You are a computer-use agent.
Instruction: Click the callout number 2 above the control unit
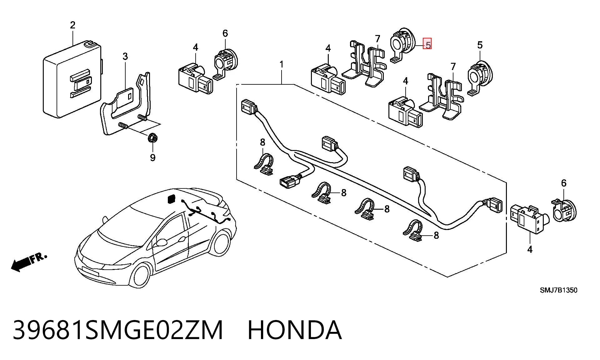[73, 25]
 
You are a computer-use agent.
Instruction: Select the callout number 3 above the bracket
[125, 57]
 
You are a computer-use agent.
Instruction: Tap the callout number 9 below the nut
[152, 157]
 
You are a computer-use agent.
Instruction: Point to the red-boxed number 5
[427, 44]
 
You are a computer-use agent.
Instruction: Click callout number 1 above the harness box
[282, 64]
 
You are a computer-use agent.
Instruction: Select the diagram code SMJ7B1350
[559, 290]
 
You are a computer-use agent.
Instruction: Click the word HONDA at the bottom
[295, 330]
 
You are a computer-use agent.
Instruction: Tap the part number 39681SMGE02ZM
[118, 330]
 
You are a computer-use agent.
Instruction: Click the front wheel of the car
[140, 275]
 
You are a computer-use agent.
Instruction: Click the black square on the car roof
[172, 199]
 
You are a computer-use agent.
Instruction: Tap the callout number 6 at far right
[564, 183]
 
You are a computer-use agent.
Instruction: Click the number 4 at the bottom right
[530, 249]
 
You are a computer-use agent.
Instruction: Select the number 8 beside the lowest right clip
[436, 235]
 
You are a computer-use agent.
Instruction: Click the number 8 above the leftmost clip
[262, 142]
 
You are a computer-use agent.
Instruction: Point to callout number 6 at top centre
[225, 33]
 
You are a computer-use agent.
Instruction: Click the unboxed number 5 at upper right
[480, 45]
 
